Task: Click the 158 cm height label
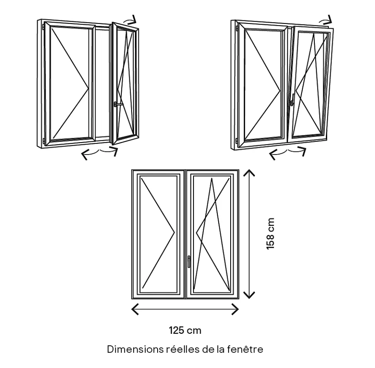pos(271,233)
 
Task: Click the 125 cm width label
pos(185,330)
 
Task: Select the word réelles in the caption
pos(179,349)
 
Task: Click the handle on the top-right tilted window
pos(293,100)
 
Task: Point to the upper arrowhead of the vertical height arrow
pos(249,172)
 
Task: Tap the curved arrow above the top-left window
pos(131,20)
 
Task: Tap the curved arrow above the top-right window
pos(326,19)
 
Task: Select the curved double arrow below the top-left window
pos(100,153)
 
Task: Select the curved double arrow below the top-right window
pos(288,153)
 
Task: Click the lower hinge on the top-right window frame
pos(236,140)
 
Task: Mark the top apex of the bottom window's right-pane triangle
pos(212,179)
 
